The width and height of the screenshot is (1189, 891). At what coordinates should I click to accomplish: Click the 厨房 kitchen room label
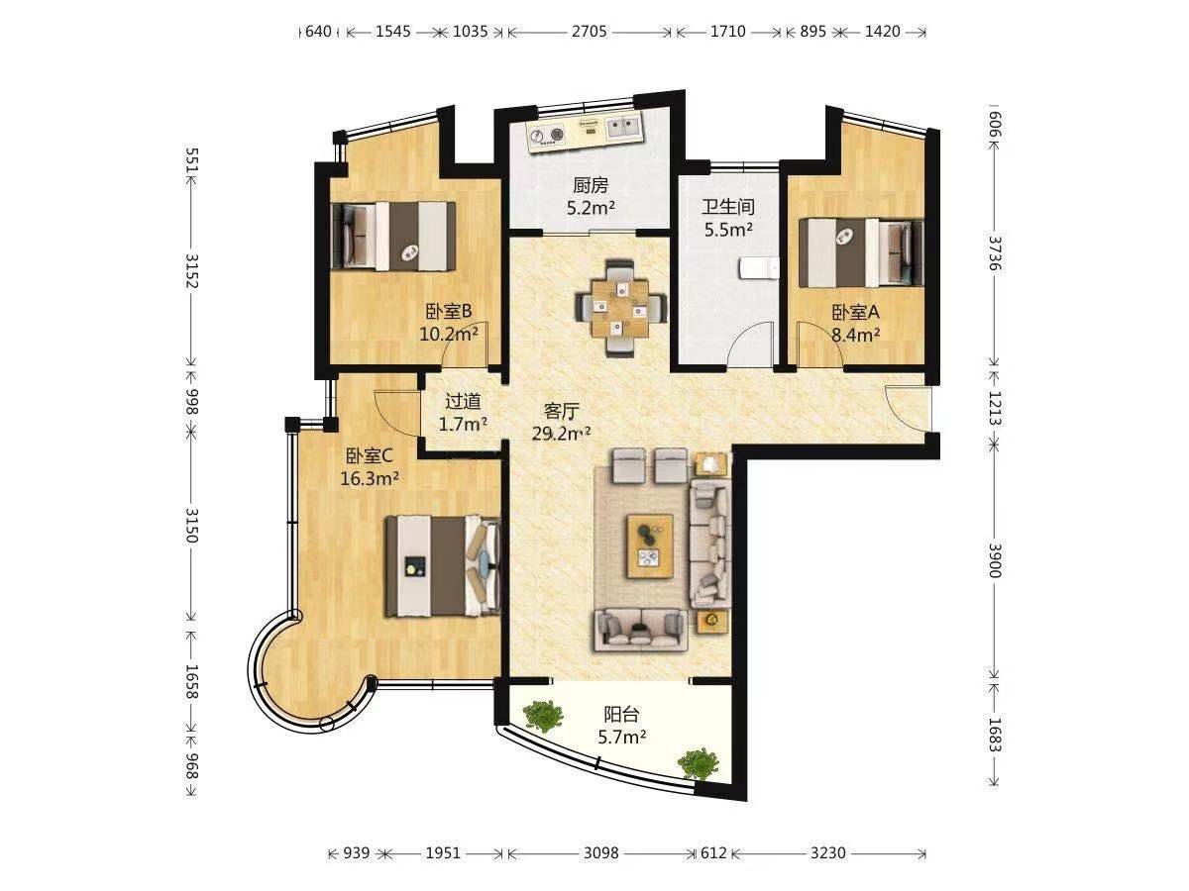[591, 185]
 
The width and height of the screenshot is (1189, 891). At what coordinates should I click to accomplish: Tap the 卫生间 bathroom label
[728, 207]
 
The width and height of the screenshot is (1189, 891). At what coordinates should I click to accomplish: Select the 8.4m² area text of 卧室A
[855, 335]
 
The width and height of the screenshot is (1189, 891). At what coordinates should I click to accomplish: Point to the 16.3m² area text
[370, 478]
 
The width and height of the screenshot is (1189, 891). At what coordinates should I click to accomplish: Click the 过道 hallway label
[463, 401]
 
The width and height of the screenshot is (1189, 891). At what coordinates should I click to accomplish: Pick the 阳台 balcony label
[621, 715]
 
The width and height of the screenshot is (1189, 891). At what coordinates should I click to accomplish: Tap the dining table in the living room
[620, 308]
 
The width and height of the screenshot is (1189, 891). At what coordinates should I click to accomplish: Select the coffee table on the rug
[650, 545]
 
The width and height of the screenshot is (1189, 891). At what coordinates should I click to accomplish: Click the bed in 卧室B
[392, 236]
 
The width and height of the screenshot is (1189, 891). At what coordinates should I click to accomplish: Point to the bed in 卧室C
[442, 566]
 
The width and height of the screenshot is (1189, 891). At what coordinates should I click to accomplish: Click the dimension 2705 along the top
[590, 32]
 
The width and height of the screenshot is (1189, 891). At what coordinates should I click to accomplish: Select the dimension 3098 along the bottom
[601, 853]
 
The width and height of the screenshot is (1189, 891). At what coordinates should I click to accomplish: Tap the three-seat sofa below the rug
[641, 629]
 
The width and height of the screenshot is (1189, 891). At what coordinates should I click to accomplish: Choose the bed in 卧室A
[861, 252]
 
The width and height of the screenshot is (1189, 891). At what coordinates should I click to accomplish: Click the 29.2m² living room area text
[561, 434]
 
